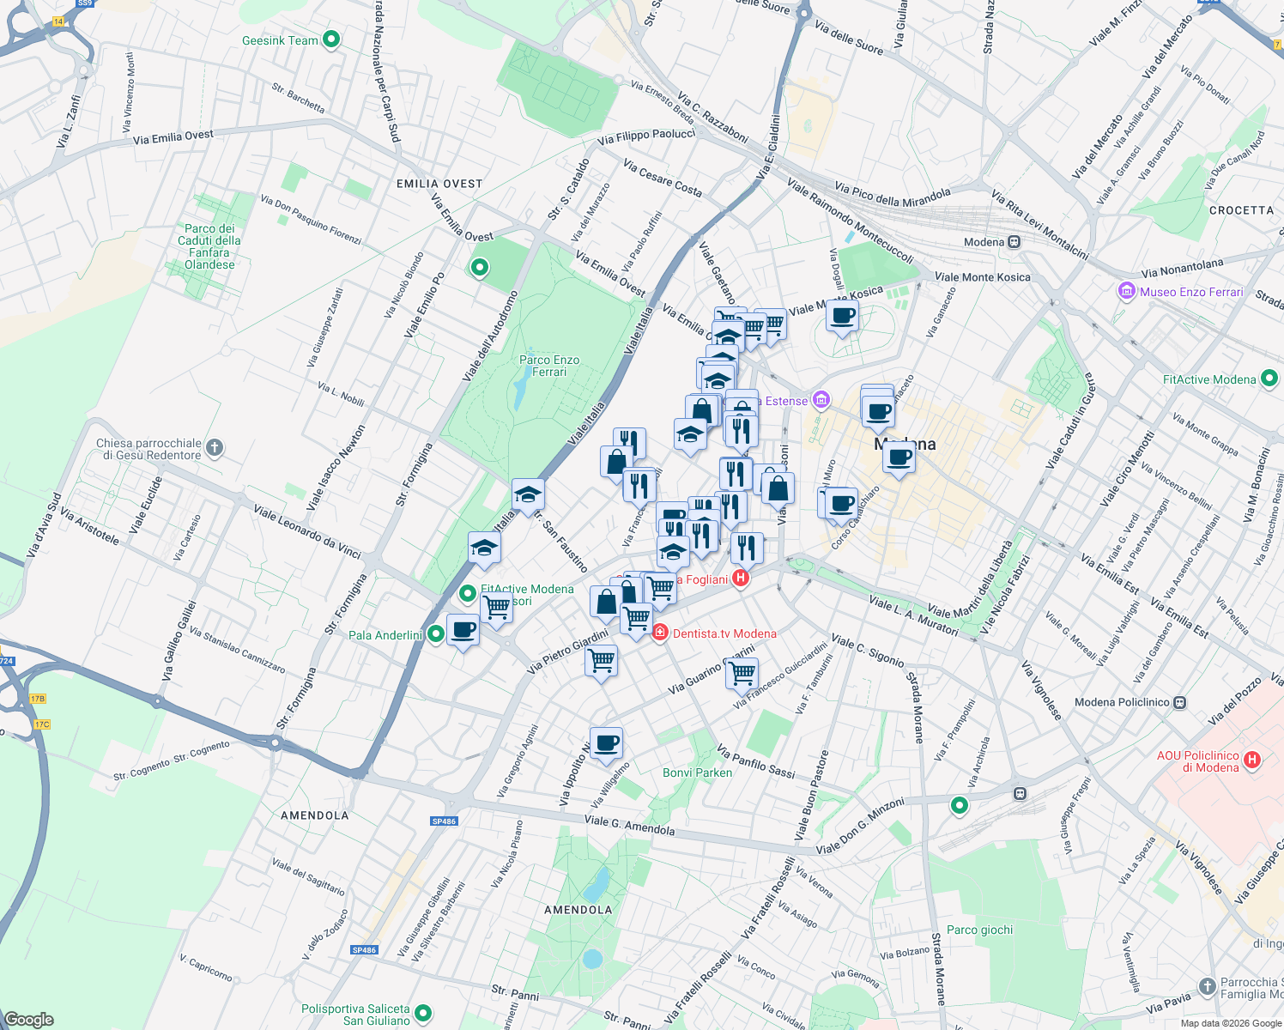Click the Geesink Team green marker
click(331, 39)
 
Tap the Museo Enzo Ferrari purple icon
click(1127, 292)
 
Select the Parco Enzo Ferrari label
click(549, 366)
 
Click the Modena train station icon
click(1014, 242)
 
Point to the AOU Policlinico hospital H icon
click(1252, 760)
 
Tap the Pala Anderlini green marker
click(436, 634)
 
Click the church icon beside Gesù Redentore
click(215, 447)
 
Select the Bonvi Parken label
click(697, 772)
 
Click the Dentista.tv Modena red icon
click(660, 633)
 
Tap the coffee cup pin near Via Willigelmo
click(606, 743)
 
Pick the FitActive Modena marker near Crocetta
click(1269, 379)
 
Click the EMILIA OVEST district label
click(439, 184)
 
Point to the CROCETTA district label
click(1241, 210)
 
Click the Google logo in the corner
click(28, 1020)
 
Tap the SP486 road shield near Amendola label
click(444, 821)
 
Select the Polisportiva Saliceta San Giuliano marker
click(423, 1015)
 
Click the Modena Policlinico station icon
click(1180, 702)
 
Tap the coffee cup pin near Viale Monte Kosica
click(842, 316)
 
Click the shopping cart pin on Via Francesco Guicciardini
click(742, 673)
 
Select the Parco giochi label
click(979, 930)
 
